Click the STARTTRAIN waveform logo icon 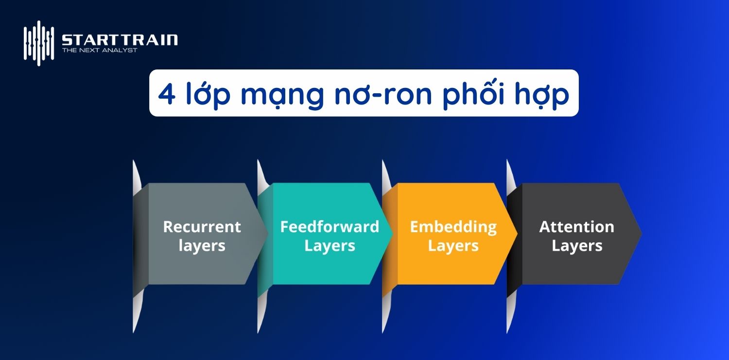coord(38,43)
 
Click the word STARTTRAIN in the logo coord(120,40)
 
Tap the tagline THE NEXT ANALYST coord(99,50)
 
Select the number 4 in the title coord(167,94)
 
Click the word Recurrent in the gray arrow coord(202,226)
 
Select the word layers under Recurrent coord(202,246)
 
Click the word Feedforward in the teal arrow coord(330,226)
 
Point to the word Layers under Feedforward coord(330,246)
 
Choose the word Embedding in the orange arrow coord(453,226)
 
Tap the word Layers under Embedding coord(453,246)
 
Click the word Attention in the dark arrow coord(576,226)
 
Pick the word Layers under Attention coord(576,246)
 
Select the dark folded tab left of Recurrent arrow coord(140,234)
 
